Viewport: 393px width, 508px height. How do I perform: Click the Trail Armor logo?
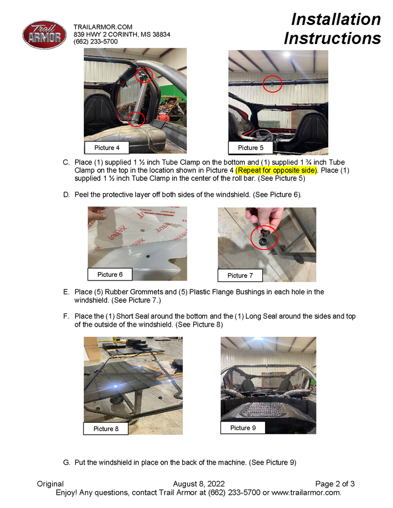[45, 34]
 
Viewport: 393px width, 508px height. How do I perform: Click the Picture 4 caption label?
[107, 148]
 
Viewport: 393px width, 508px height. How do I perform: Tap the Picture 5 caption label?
[251, 148]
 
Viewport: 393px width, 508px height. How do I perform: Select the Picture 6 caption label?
[110, 274]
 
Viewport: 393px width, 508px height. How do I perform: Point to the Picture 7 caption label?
[240, 275]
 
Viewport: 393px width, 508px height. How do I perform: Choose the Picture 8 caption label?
[106, 428]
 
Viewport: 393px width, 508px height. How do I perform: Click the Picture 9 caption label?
[243, 427]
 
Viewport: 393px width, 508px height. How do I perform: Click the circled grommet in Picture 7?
[263, 238]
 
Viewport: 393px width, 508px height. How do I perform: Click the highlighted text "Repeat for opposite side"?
[277, 170]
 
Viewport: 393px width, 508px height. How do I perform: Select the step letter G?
[66, 462]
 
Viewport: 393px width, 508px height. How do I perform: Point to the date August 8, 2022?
[199, 484]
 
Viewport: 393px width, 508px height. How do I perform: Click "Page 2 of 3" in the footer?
[335, 484]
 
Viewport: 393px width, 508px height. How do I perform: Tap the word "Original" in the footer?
[50, 484]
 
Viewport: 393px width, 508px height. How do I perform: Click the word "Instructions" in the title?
[332, 38]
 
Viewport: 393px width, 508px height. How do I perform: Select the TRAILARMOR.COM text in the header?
[103, 27]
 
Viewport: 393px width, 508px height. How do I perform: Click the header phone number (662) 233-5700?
[96, 41]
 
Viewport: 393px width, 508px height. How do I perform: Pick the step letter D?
[66, 195]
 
